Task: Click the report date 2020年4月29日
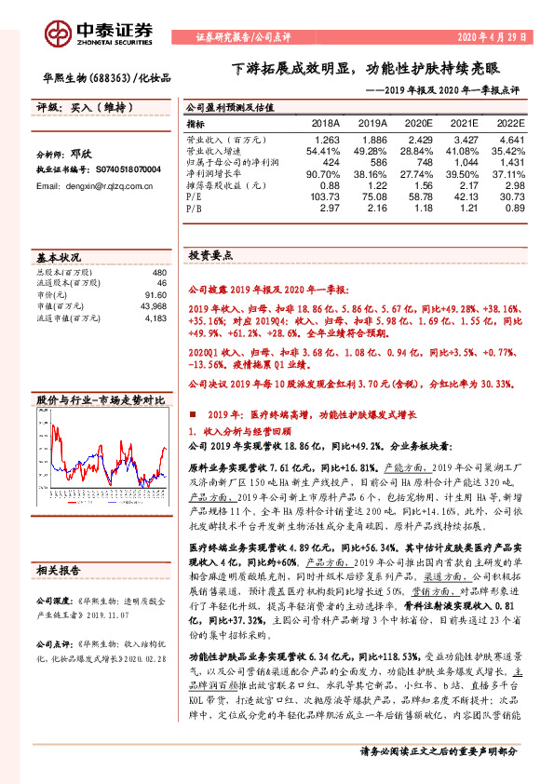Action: point(490,38)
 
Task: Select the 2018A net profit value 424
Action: point(331,160)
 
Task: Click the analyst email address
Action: point(94,186)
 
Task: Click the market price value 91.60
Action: point(155,296)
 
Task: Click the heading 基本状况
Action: point(59,256)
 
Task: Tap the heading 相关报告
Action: point(59,570)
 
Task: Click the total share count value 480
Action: point(158,272)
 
